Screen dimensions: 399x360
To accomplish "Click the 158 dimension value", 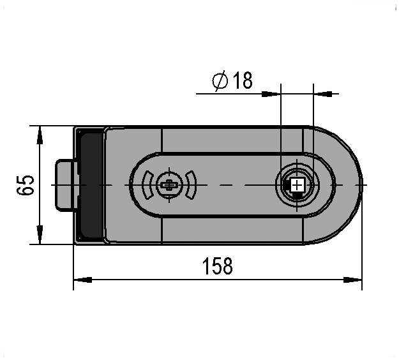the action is pos(217,266).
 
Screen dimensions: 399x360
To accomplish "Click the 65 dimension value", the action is pos(26,185).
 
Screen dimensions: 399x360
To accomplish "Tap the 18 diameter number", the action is pos(243,80).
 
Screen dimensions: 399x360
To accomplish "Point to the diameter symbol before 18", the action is pos(220,80).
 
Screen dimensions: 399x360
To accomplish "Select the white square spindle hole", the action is pos(297,185).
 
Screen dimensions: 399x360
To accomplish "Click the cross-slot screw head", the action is pos(169,185).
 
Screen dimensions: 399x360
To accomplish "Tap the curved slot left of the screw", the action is pos(148,185).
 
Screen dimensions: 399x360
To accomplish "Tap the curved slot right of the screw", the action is pos(191,185).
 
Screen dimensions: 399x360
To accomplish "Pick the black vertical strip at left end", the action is pos(91,185).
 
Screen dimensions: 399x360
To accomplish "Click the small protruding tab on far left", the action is pos(65,185).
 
